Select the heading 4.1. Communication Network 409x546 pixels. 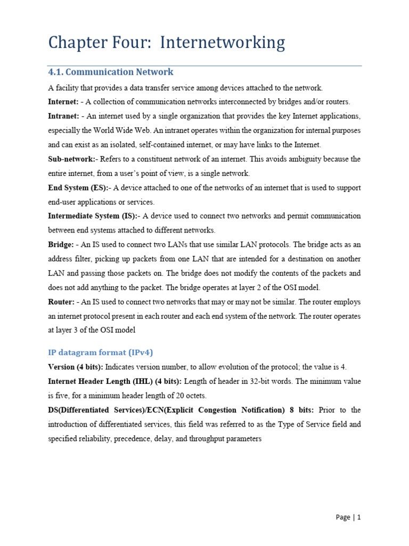point(110,72)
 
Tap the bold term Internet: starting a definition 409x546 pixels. point(63,102)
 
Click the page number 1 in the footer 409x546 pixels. point(359,517)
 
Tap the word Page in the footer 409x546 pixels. point(343,517)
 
